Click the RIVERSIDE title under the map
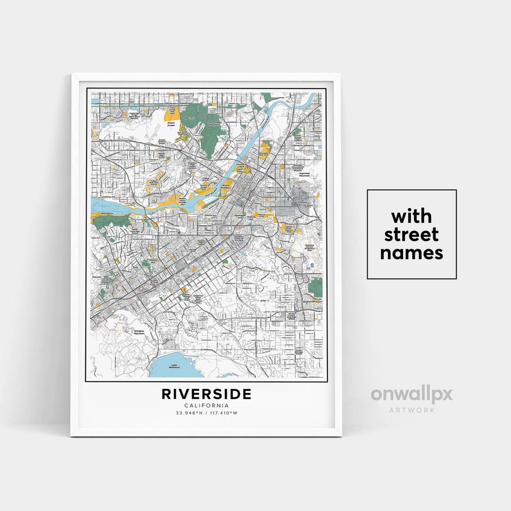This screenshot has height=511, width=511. tap(206, 394)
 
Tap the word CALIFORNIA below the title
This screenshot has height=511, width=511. tap(206, 405)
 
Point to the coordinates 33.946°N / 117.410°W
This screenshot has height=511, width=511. tap(206, 413)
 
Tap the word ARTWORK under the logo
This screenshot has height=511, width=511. tap(412, 410)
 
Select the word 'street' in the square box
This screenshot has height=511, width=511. tap(412, 235)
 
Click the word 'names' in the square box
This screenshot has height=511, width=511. tap(412, 253)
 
